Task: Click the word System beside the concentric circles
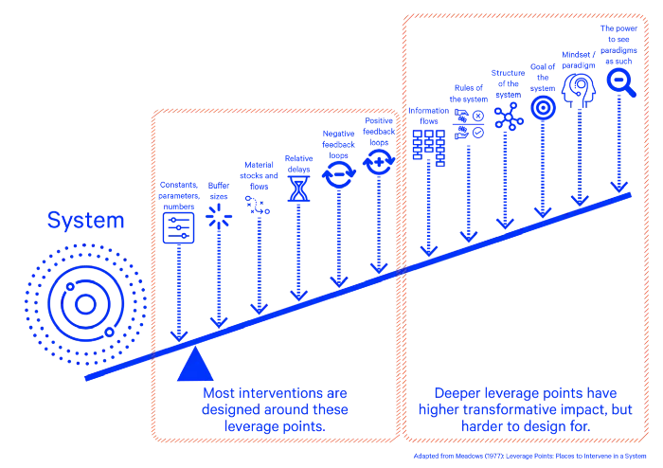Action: (x=86, y=222)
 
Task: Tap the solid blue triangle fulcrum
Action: (x=192, y=364)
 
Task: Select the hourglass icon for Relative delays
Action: (x=299, y=189)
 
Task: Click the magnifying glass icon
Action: (x=620, y=82)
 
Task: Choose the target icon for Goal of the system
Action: (x=543, y=109)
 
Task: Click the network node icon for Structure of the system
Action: (x=508, y=117)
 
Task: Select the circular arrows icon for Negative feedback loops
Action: (x=338, y=174)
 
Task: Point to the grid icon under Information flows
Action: (x=428, y=148)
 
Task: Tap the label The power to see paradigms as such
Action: (x=619, y=44)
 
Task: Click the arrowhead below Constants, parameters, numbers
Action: (x=178, y=335)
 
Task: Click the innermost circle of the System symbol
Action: (x=84, y=306)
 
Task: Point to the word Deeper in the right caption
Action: (x=459, y=392)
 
